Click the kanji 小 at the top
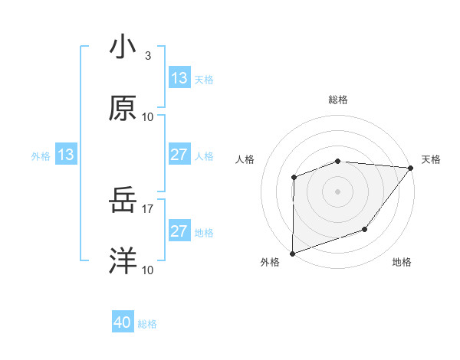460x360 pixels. click(x=123, y=47)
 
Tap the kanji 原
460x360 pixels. click(x=123, y=110)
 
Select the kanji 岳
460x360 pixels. click(x=123, y=201)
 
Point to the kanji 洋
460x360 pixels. click(x=123, y=262)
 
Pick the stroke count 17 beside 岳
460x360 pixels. click(x=148, y=208)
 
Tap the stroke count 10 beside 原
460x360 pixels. click(x=148, y=117)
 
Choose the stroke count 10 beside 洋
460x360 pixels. click(x=148, y=270)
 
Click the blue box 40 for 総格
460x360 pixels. click(x=123, y=323)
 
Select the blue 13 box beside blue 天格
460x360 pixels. click(x=179, y=78)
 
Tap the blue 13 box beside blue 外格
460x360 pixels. click(x=66, y=155)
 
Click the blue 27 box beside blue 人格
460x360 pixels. click(x=179, y=155)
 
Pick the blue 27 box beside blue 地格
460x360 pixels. click(x=179, y=231)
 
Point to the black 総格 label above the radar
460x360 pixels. click(x=338, y=100)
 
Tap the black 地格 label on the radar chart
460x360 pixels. click(x=402, y=263)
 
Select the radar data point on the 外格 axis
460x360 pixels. click(x=292, y=253)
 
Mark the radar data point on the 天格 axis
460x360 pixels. click(x=411, y=167)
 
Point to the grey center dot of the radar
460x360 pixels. click(x=337, y=191)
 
